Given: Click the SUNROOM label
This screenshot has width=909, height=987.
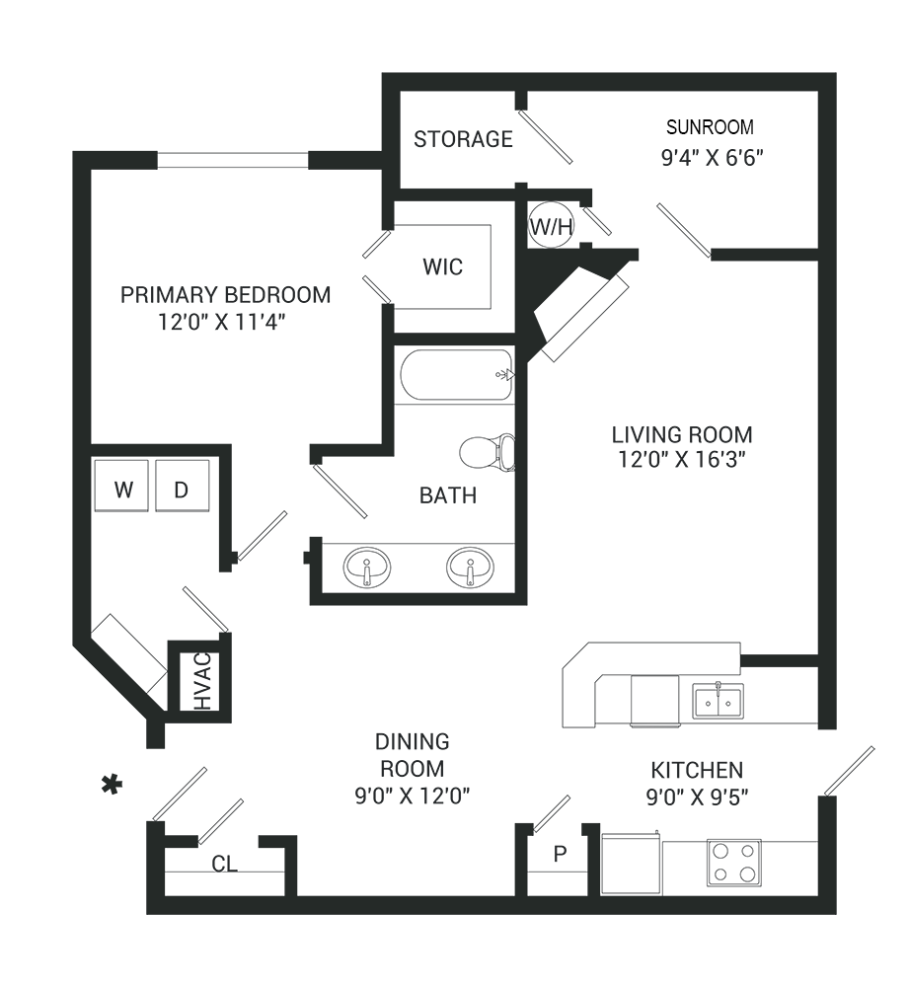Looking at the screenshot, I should [710, 127].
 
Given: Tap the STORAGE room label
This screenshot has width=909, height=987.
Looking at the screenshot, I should [463, 139].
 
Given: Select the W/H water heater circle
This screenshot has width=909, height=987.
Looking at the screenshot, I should [552, 227].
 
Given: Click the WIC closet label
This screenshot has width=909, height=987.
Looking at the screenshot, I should [442, 267].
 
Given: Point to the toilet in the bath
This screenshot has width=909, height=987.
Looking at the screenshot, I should [488, 452].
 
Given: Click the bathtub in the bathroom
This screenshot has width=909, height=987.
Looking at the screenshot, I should [456, 375].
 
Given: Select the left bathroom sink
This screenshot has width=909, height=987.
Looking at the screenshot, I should [366, 569].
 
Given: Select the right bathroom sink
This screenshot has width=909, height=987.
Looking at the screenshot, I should [470, 569].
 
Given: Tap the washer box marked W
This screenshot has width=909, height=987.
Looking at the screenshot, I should [122, 487].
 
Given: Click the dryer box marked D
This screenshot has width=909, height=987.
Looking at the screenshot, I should [183, 487].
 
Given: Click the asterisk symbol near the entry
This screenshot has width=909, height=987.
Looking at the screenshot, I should [114, 786].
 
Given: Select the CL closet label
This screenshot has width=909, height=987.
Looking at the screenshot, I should [225, 864].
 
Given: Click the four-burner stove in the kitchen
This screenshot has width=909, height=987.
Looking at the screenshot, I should [733, 862].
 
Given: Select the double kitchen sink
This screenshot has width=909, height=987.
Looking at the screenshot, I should [718, 700].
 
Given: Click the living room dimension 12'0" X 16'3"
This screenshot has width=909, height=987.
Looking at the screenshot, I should [682, 459].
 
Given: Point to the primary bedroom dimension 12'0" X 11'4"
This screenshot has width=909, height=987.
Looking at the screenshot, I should [226, 321].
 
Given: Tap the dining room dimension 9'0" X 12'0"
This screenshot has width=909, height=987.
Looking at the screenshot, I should [413, 795].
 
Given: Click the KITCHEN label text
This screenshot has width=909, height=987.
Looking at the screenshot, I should [696, 770].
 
